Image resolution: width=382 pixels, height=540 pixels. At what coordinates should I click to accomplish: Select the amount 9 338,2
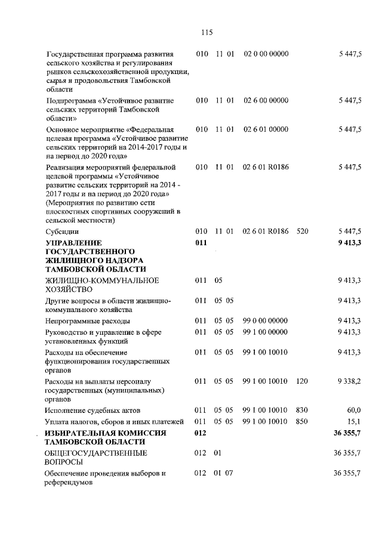coord(349,381)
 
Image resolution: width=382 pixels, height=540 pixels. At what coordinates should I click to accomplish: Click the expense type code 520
coord(302,230)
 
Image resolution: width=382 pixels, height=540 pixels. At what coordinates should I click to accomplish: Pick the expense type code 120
coord(302,381)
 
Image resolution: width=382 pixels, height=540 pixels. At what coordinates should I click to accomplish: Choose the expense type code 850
coord(302,421)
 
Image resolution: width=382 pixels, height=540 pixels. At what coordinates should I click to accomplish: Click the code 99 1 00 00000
coord(266,331)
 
